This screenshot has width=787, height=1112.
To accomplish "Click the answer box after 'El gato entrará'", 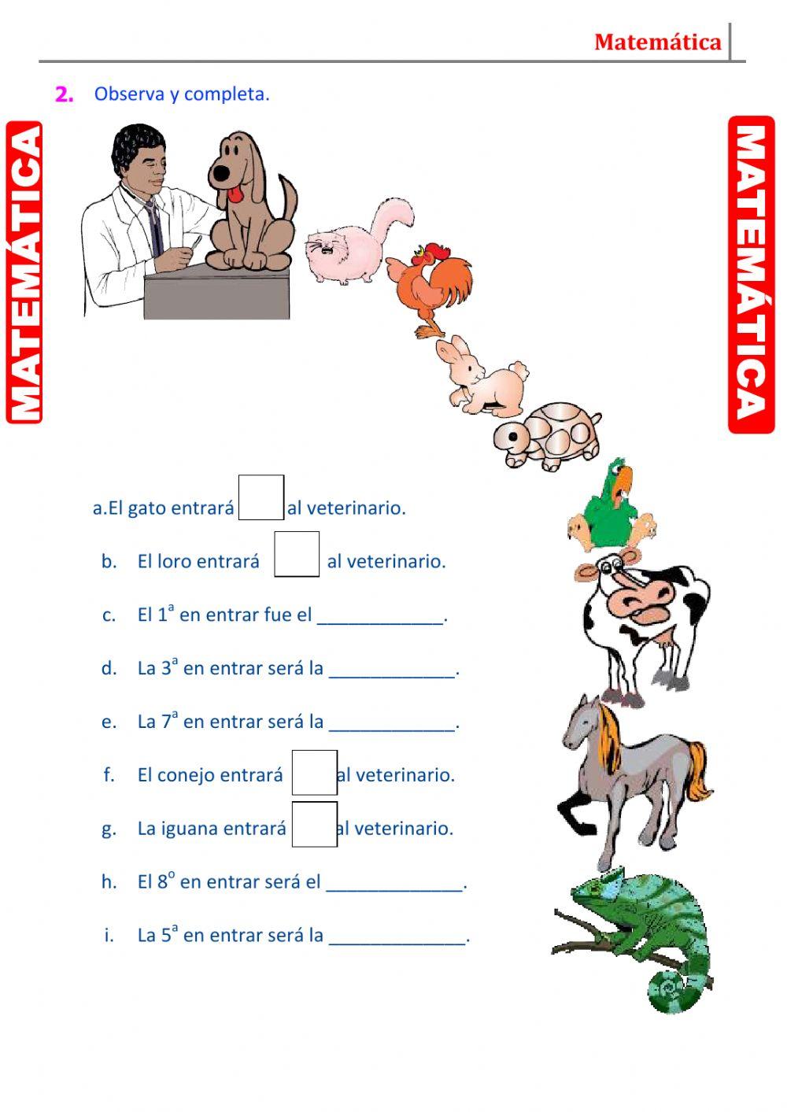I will click(261, 497).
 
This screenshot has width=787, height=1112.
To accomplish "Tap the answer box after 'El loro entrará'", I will click(297, 554).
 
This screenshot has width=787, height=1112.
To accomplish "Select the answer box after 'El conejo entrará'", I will click(314, 773).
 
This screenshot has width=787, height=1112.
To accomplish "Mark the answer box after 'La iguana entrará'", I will click(314, 824).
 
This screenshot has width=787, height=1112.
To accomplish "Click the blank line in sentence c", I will click(381, 617).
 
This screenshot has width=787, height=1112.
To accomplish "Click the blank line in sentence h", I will click(396, 885).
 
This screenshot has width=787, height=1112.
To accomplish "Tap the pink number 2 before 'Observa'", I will click(65, 94).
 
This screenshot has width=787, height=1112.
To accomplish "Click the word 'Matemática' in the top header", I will click(657, 42).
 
